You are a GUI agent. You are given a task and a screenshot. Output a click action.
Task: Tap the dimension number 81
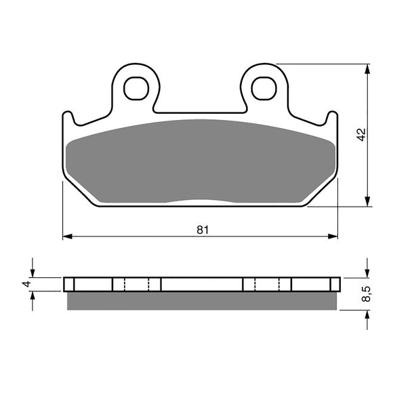(x=202, y=229)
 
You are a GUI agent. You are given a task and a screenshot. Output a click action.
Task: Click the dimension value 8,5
(x=366, y=294)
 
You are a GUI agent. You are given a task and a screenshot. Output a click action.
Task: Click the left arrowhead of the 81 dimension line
(x=66, y=237)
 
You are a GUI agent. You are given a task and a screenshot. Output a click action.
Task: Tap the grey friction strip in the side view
(x=201, y=300)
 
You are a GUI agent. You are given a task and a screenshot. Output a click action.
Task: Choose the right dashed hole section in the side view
(x=267, y=283)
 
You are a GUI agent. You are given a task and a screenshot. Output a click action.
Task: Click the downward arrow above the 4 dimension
(x=31, y=271)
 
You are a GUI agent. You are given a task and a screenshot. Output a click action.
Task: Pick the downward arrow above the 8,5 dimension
(x=367, y=271)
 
